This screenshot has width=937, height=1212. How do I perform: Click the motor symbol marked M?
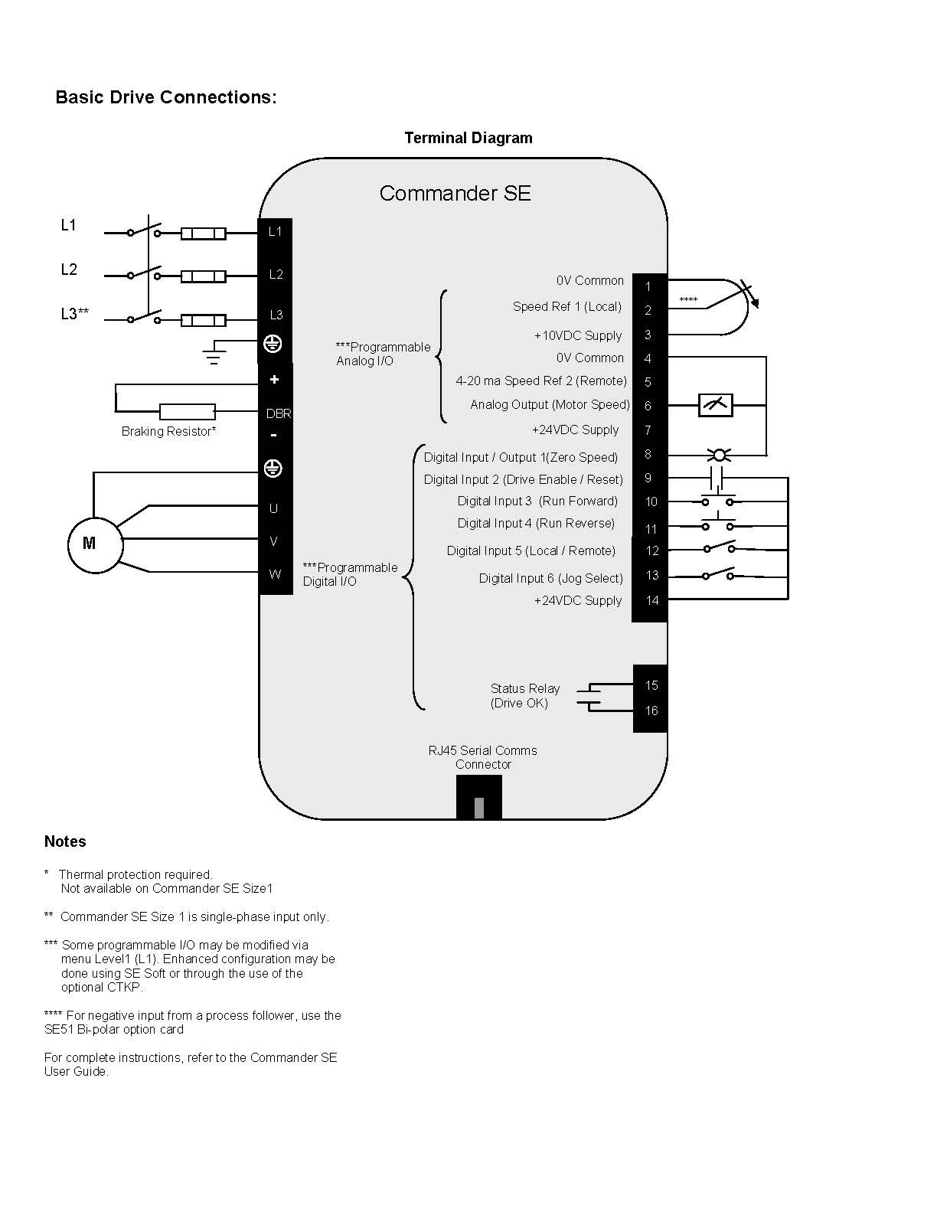pos(96,545)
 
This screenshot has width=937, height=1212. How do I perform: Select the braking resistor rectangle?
pos(188,412)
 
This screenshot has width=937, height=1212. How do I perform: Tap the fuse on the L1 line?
pos(204,234)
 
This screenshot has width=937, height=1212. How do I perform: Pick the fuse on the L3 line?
pos(204,320)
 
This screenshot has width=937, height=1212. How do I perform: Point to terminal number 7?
pos(648,430)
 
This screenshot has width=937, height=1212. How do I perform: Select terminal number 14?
pos(651,600)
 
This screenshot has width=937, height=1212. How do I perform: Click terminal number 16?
pos(651,711)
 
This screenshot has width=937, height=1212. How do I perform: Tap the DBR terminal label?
pos(279,413)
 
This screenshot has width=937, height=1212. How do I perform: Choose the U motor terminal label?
pos(274,508)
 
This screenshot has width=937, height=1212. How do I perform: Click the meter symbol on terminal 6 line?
pos(715,405)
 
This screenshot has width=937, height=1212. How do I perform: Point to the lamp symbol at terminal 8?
pos(719,455)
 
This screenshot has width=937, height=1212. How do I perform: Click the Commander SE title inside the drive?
pos(455,193)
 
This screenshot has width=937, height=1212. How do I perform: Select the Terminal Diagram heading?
pos(468,138)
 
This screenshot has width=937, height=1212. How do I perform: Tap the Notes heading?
pos(65,841)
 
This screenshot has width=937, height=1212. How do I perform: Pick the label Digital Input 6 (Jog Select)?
pos(550,578)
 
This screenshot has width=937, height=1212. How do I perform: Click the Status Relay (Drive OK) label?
pos(524,695)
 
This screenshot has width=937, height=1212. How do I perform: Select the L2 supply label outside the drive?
pos(69,270)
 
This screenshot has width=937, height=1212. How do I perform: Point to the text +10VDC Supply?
pos(578,335)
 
